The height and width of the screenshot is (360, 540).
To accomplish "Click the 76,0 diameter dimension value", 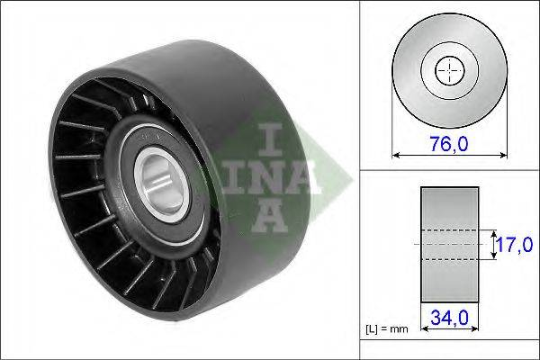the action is point(449,144).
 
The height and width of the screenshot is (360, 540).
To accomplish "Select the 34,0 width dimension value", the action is point(449,318).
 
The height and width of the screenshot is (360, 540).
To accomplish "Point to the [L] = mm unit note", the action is point(387,329).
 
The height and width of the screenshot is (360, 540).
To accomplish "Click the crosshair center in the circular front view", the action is point(449,70).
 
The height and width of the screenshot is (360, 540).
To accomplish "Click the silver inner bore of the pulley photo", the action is point(161,184).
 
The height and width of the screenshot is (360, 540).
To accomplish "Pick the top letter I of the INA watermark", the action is point(270,139).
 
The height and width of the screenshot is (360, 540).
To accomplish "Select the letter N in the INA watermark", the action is point(268,177).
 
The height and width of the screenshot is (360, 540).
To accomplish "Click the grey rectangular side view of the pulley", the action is point(449,245).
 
